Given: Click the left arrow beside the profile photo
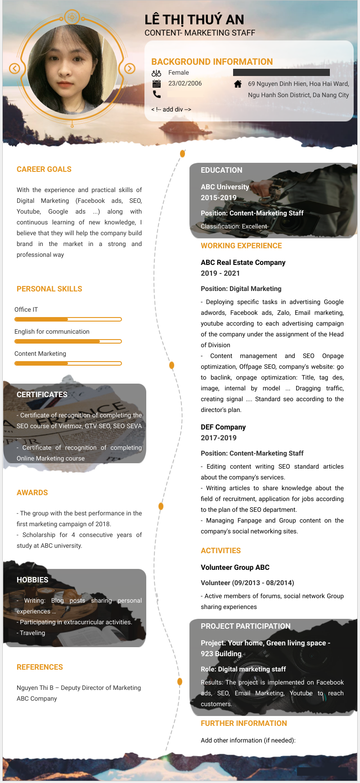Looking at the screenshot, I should click(15, 68).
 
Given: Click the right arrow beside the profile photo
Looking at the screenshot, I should click(130, 68).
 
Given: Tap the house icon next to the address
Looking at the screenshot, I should click(238, 84).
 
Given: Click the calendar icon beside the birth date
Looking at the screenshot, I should click(156, 84).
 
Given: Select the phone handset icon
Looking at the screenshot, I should click(156, 94).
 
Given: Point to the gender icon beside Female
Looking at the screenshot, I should click(156, 73).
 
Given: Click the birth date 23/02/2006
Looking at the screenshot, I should click(185, 83).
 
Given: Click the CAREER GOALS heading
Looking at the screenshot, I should click(44, 169).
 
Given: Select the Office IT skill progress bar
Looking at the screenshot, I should click(68, 319).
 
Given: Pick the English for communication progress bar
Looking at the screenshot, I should click(68, 341).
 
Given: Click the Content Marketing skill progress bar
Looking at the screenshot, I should click(68, 363).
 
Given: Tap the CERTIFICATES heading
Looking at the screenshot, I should click(42, 394).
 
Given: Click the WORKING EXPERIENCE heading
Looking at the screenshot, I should click(241, 246).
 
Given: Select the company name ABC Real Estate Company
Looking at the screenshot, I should click(243, 262).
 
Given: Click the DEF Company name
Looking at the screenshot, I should click(223, 427).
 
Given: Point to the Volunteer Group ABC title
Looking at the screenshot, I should click(235, 567).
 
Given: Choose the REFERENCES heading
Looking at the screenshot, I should click(40, 667).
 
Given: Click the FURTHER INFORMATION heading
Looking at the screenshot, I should click(243, 723).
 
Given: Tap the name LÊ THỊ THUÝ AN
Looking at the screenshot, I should click(194, 20).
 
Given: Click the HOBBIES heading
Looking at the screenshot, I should click(32, 580).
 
